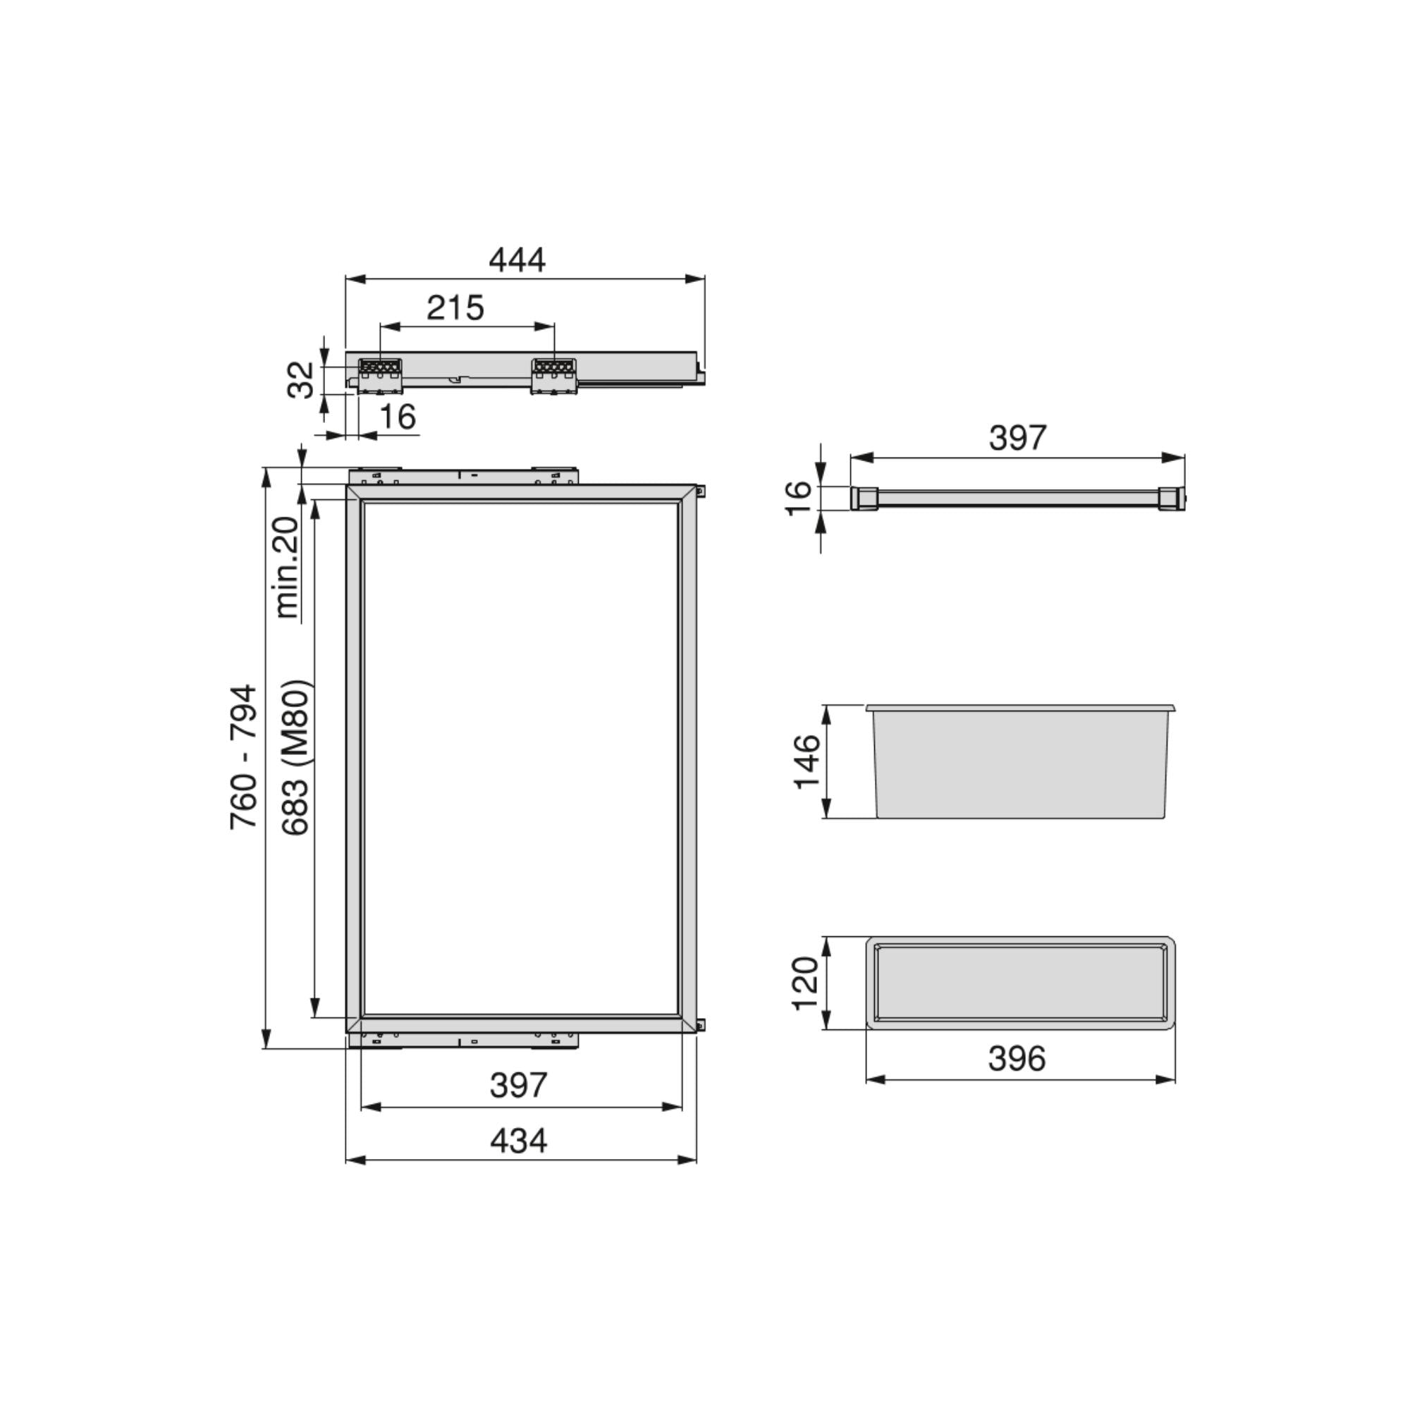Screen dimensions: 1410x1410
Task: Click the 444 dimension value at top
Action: [x=517, y=261]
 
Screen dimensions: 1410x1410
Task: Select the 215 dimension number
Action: [x=455, y=308]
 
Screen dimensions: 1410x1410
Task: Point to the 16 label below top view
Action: [x=398, y=417]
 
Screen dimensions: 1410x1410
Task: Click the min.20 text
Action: [x=287, y=567]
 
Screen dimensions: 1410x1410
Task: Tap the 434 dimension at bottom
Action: [x=518, y=1141]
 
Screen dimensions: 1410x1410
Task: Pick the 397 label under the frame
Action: [x=518, y=1085]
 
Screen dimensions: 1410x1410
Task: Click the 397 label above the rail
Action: [x=1017, y=438]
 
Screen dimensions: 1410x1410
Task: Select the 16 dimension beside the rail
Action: [x=799, y=498]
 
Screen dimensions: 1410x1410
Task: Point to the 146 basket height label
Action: [x=807, y=761]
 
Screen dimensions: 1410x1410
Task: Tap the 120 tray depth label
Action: [x=806, y=983]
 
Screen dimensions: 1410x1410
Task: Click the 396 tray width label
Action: [x=1017, y=1058]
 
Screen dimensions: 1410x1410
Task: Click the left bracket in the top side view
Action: [x=379, y=374]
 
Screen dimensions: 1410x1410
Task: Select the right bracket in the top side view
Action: [x=554, y=374]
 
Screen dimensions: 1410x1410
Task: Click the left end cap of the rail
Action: [x=864, y=498]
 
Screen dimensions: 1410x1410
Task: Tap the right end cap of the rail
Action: [x=1170, y=498]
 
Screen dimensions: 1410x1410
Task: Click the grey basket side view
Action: [x=1020, y=763]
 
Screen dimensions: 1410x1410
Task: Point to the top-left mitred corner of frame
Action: [x=354, y=493]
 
